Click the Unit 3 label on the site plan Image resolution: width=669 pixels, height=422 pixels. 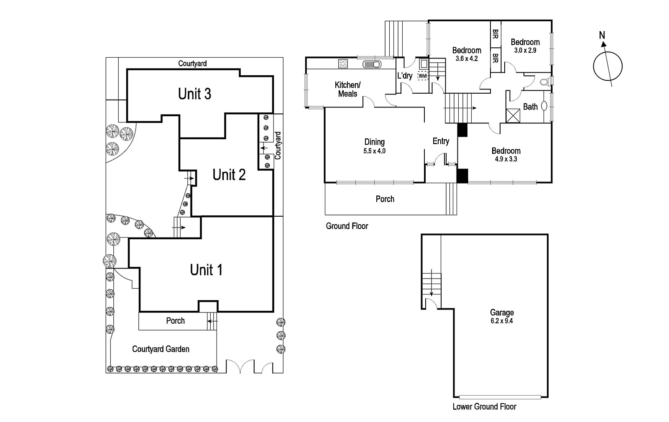click(194, 94)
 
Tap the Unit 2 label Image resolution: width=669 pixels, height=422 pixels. click(229, 174)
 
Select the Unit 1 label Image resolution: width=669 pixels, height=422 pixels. click(206, 270)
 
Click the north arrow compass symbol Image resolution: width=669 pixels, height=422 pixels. click(608, 66)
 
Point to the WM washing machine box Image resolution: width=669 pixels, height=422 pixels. click(422, 76)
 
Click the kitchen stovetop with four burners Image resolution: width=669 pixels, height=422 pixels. click(343, 64)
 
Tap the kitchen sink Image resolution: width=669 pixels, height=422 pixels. click(371, 64)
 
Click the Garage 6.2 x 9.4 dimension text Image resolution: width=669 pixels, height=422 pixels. click(502, 321)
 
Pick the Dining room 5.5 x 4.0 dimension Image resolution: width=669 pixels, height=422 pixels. click(374, 151)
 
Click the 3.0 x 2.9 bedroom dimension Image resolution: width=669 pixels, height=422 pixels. click(525, 50)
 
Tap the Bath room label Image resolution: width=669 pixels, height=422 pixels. click(530, 107)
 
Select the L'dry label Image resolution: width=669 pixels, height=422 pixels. click(404, 76)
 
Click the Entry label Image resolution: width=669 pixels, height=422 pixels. click(441, 141)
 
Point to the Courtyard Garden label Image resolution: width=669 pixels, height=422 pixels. click(161, 349)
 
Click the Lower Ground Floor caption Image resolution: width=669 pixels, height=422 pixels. click(484, 407)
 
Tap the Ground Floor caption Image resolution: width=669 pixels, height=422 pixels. click(347, 226)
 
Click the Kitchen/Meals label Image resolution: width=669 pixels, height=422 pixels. click(347, 89)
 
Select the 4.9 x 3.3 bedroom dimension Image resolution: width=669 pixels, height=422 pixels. click(506, 159)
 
